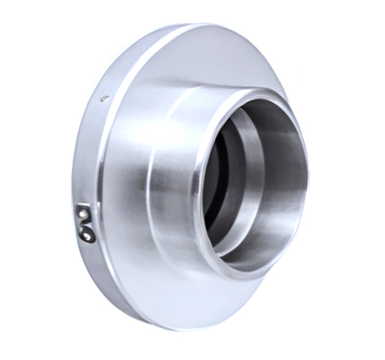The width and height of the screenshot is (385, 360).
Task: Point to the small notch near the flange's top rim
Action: [x=103, y=97]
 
